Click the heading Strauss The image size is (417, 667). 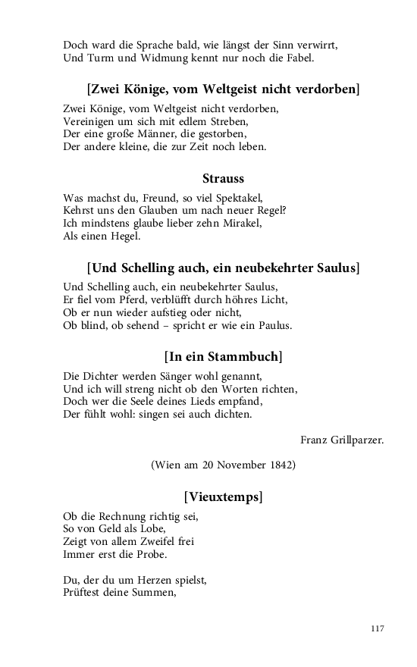tap(223, 179)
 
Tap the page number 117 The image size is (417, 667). tap(378, 628)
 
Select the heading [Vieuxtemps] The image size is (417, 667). tap(223, 497)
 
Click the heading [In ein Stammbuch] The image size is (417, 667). tap(223, 356)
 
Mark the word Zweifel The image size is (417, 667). tap(152, 541)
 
